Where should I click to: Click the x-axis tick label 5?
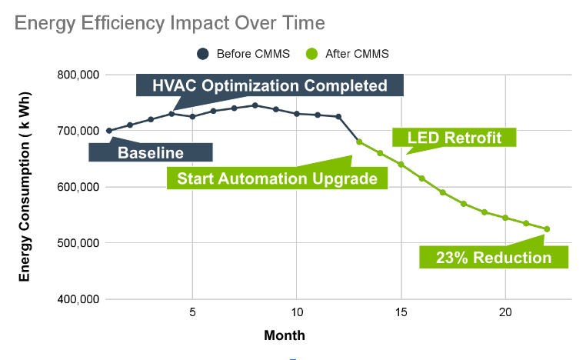192,314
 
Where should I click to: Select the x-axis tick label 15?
401,314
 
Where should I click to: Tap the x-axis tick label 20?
505,314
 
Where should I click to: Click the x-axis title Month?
285,335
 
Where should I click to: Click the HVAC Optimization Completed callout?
269,85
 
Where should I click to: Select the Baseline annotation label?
151,152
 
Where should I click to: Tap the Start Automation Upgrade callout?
277,178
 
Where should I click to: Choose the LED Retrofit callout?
454,138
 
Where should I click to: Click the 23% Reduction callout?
494,257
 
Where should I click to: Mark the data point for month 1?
109,131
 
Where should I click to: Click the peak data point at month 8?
255,105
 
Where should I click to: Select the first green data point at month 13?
359,142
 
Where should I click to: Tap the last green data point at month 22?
547,228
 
